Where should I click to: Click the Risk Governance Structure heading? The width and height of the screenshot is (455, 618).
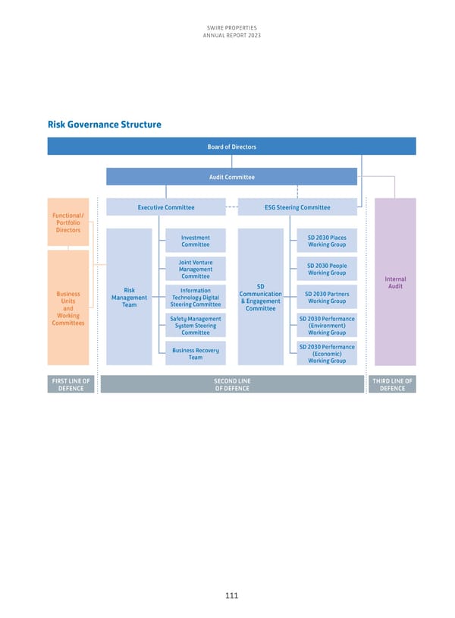click(104, 125)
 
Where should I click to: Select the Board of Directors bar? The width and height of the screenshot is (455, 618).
click(231, 147)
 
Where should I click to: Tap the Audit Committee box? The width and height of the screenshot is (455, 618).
click(231, 177)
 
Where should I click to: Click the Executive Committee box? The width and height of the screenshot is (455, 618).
click(165, 207)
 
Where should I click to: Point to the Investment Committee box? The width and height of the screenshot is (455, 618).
click(196, 241)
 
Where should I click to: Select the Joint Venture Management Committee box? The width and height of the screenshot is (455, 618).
click(196, 270)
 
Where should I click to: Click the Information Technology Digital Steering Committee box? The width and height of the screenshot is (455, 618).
click(196, 297)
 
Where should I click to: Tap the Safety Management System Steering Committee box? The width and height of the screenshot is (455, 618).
click(196, 325)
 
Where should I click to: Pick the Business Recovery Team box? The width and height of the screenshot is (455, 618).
click(196, 353)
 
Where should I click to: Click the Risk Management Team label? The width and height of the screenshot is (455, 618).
click(130, 298)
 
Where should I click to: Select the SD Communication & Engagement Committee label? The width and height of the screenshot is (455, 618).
click(260, 297)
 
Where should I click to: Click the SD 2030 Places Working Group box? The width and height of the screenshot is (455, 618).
click(327, 241)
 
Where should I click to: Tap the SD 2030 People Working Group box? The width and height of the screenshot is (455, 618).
click(327, 269)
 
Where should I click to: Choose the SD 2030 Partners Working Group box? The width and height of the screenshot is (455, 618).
click(327, 297)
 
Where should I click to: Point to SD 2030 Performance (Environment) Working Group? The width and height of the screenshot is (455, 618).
click(327, 325)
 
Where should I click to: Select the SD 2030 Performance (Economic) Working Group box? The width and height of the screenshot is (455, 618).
click(327, 354)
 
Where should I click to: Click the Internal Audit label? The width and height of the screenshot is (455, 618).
click(396, 282)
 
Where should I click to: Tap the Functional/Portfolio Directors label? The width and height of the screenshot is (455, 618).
click(67, 222)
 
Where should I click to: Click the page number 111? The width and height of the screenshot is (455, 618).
click(231, 596)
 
